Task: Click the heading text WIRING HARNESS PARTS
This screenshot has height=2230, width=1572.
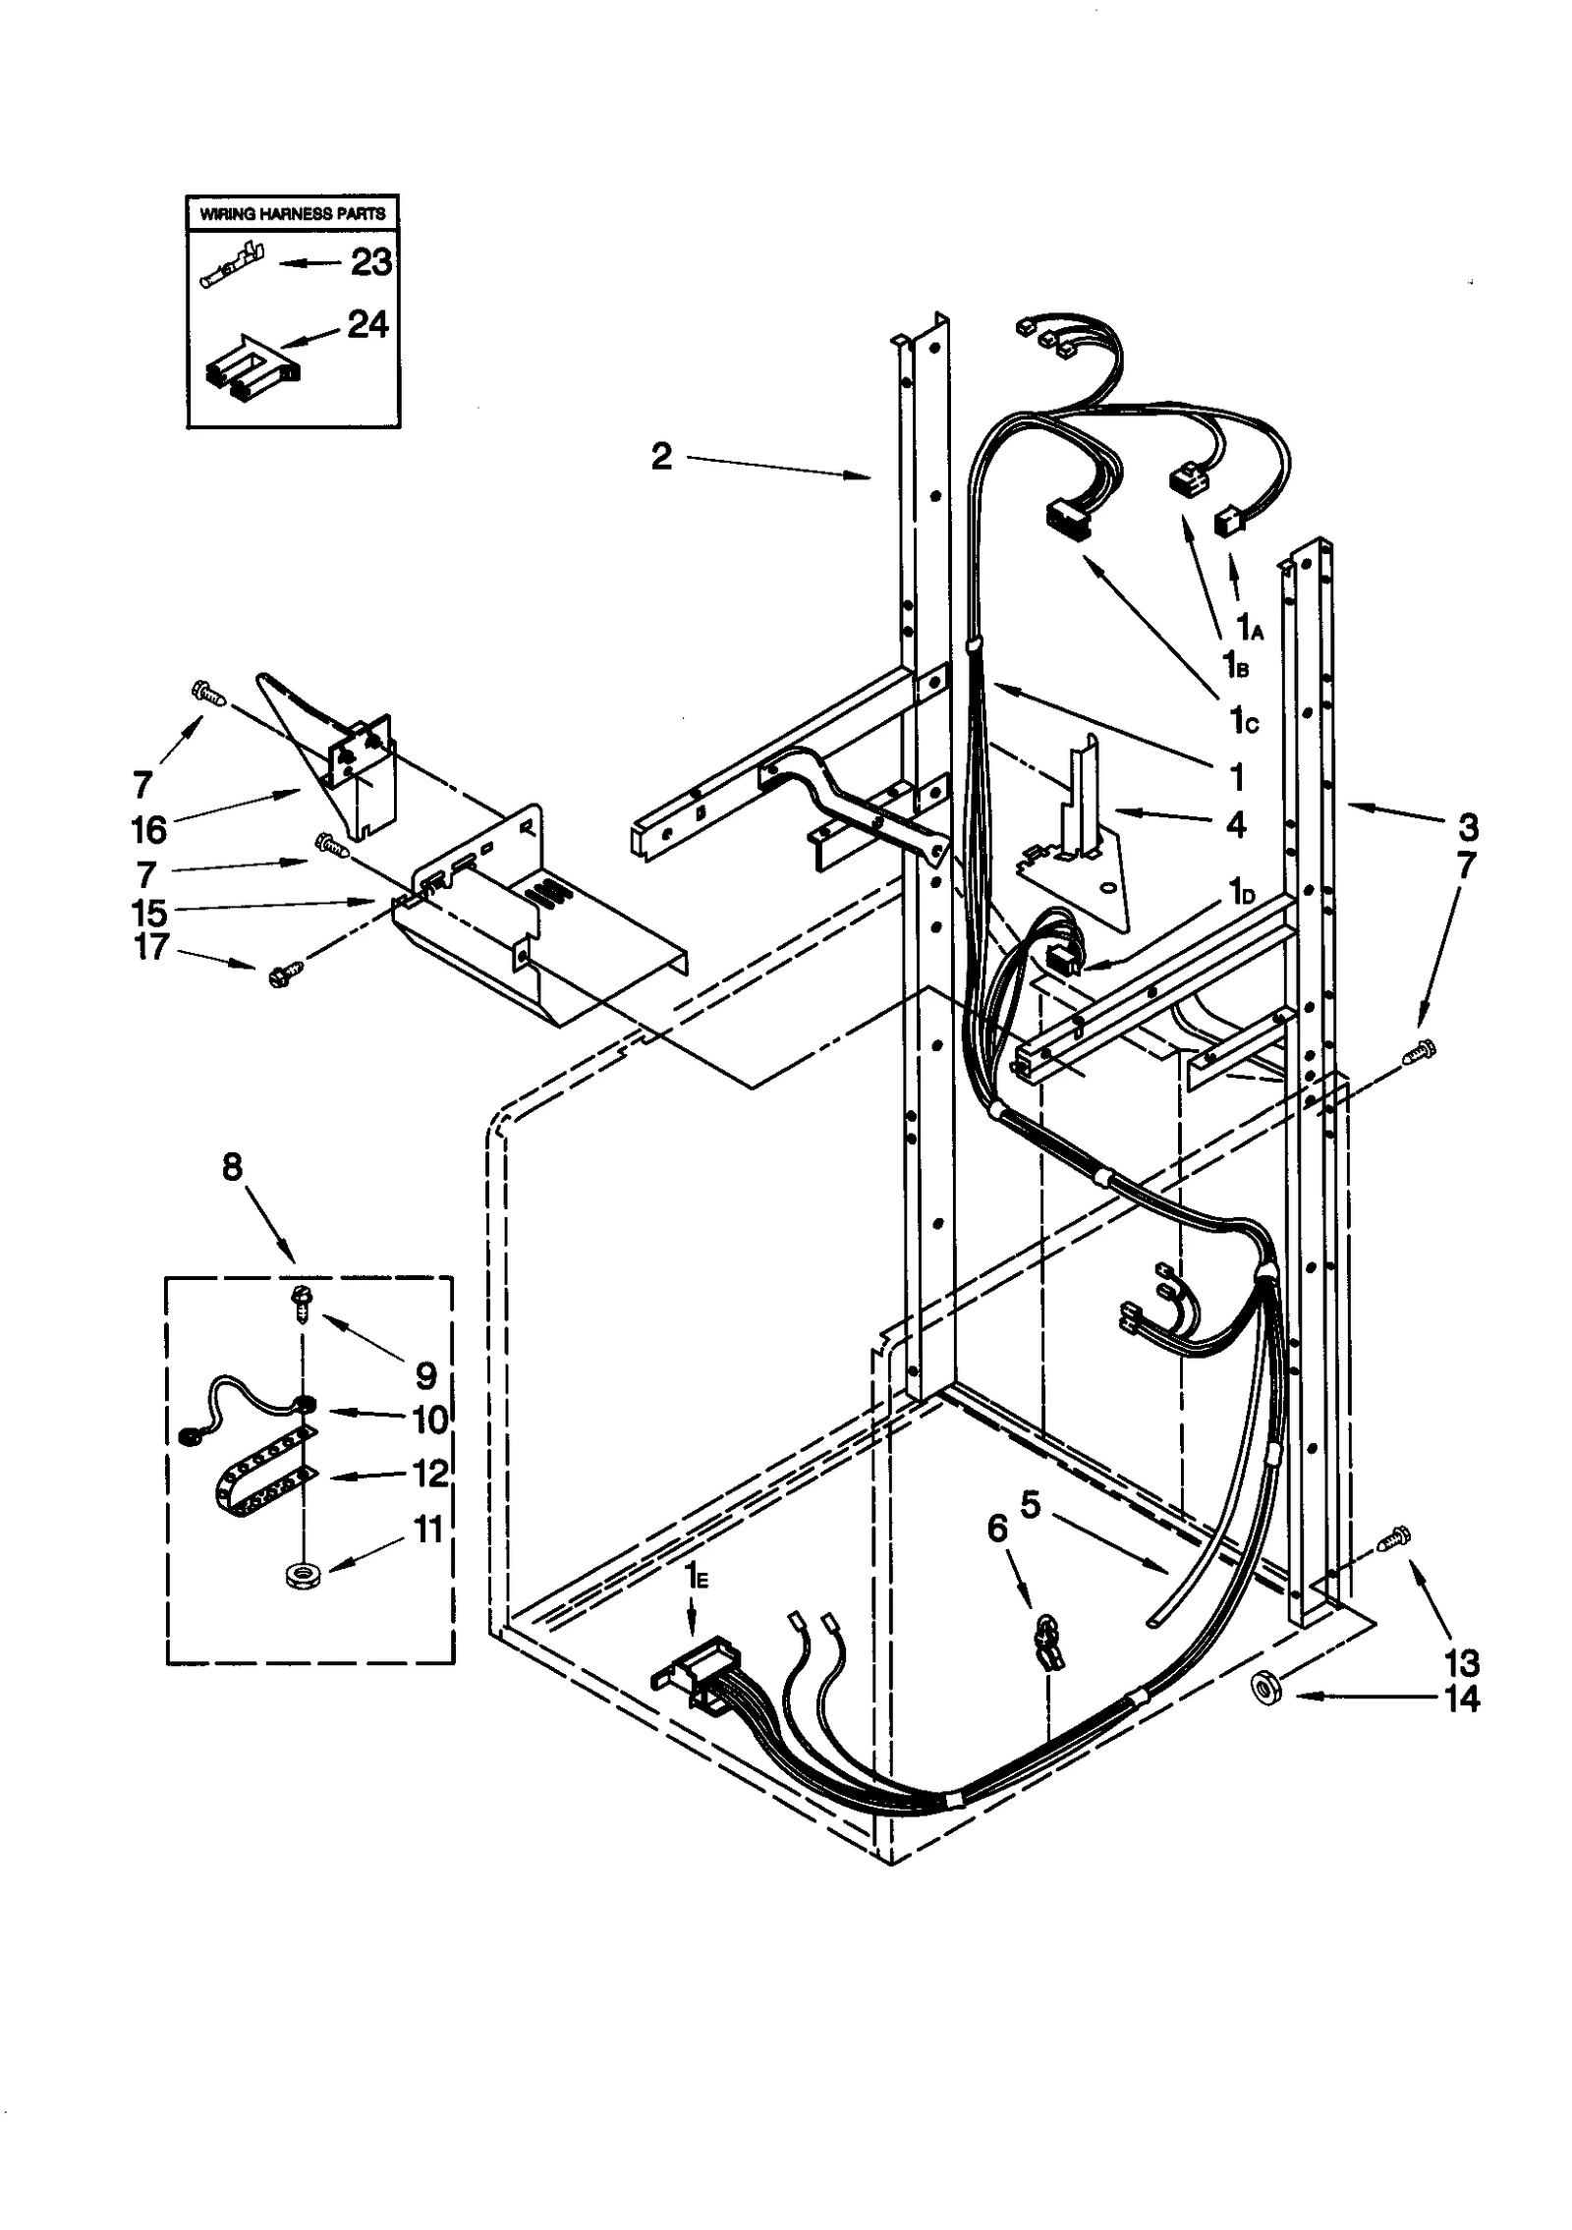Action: point(293,213)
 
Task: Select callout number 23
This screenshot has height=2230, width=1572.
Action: point(370,262)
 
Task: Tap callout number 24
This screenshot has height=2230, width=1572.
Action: point(367,324)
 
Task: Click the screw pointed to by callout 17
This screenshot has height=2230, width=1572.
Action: point(285,973)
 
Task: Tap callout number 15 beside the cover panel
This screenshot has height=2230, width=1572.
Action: point(149,913)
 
